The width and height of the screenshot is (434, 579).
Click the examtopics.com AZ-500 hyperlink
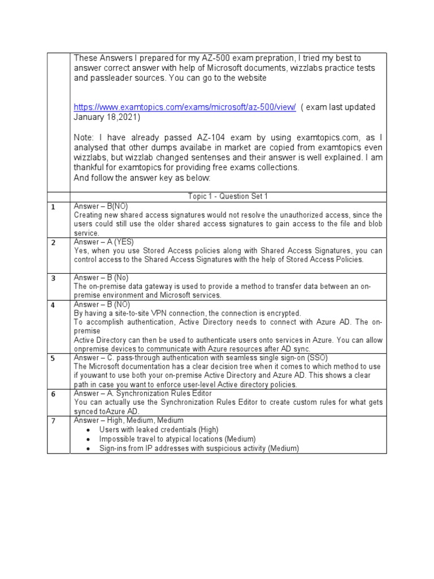[185, 107]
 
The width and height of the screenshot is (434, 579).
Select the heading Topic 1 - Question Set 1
[228, 196]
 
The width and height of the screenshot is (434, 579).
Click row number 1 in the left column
[53, 208]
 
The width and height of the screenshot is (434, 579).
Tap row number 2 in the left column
[53, 243]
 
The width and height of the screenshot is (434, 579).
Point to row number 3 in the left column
[53, 279]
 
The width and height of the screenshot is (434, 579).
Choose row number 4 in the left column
[53, 305]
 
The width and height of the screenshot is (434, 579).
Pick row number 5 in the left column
[53, 358]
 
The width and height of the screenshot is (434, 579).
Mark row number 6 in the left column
[53, 394]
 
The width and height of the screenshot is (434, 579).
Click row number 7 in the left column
[53, 421]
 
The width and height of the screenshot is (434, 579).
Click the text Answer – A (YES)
[104, 242]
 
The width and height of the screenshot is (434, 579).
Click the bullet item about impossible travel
[177, 439]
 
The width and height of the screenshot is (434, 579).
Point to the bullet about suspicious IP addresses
[199, 448]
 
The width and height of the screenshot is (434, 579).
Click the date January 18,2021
[107, 117]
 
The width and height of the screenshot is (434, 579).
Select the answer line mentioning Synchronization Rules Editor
[143, 394]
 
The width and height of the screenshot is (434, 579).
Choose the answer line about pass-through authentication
[201, 358]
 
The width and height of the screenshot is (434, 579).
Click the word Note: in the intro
[85, 137]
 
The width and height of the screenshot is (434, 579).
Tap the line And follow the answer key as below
[142, 178]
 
